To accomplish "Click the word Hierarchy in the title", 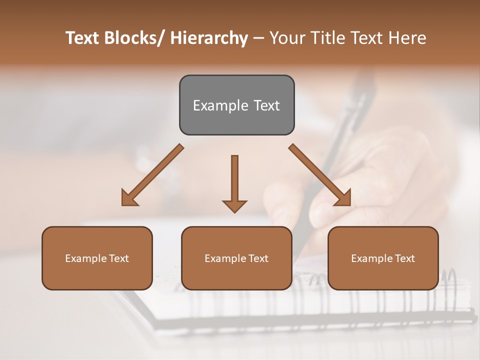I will tap(209, 38).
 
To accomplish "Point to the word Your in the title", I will tap(287, 38).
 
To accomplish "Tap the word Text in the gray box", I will tap(266, 106).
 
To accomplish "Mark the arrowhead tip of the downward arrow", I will tap(234, 212).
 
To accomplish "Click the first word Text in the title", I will tap(83, 38).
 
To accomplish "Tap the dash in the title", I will tap(258, 38).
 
